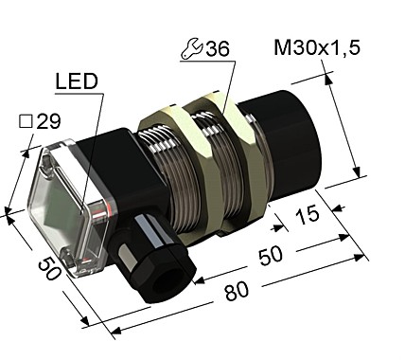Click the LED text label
point(77,82)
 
